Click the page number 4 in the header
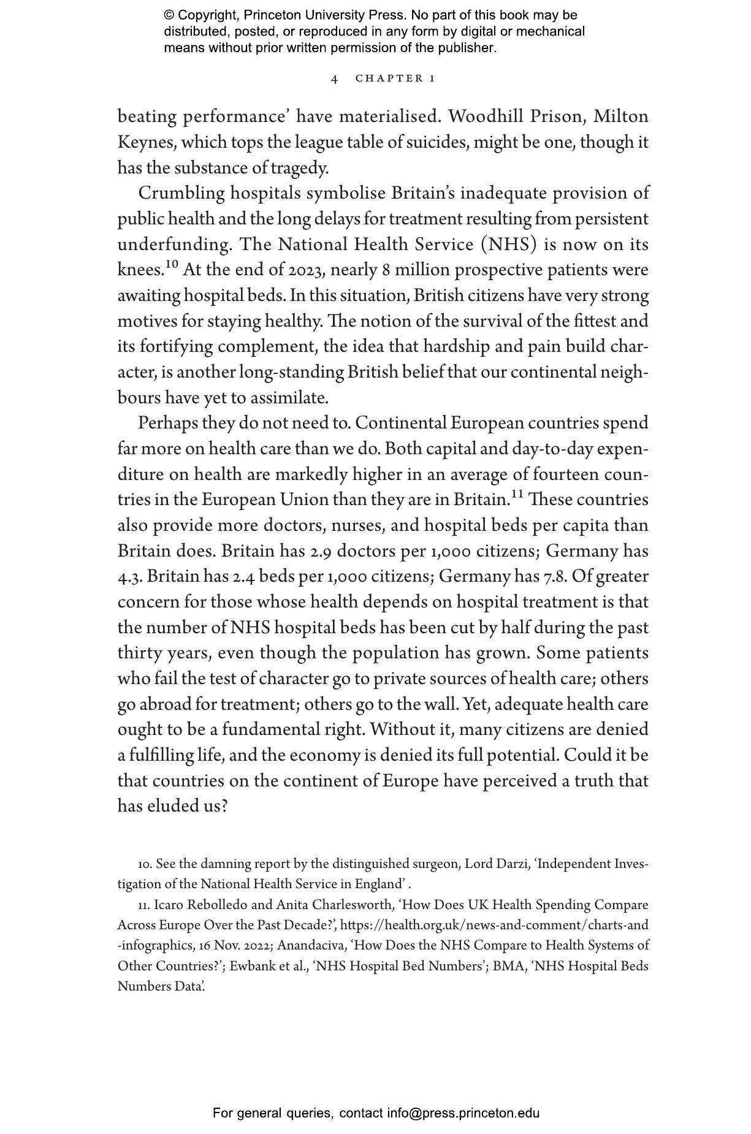click(335, 78)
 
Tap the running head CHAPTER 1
click(395, 78)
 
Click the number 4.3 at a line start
click(129, 577)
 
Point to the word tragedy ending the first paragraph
click(303, 168)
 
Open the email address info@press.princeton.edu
click(463, 1113)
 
